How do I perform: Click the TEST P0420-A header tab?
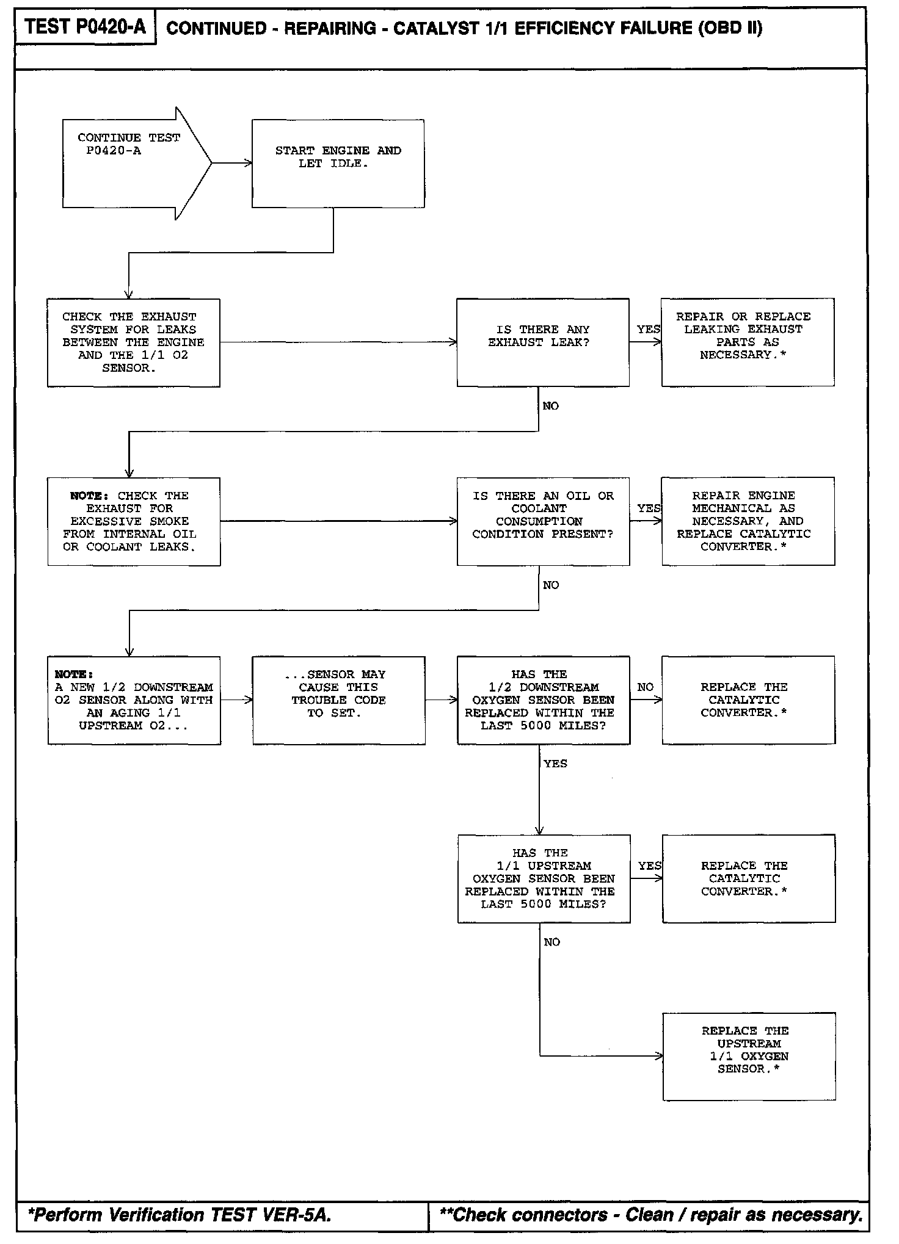tap(86, 27)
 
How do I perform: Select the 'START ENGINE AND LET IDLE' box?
tap(338, 163)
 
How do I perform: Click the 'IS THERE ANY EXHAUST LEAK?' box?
tap(542, 342)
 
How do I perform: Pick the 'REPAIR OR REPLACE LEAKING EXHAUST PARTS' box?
tap(748, 342)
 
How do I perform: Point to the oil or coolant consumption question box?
tap(543, 521)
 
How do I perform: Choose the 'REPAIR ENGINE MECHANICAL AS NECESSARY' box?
tap(748, 521)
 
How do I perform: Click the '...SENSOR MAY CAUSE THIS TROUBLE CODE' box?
tap(338, 700)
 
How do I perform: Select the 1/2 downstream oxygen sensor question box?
tap(543, 700)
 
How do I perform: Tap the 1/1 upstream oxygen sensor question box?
tap(544, 878)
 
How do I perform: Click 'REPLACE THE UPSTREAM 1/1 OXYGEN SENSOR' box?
tap(749, 1057)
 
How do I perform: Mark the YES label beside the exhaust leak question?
tap(648, 329)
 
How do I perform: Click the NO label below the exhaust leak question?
tap(550, 406)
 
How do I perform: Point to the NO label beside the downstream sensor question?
tap(645, 687)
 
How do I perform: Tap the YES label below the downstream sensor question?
tap(555, 764)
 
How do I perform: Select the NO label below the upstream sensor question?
tap(551, 942)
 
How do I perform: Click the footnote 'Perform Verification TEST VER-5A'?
tap(180, 1215)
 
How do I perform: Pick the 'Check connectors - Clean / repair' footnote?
tap(651, 1215)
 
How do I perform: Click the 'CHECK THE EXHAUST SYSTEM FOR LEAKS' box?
tap(133, 342)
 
